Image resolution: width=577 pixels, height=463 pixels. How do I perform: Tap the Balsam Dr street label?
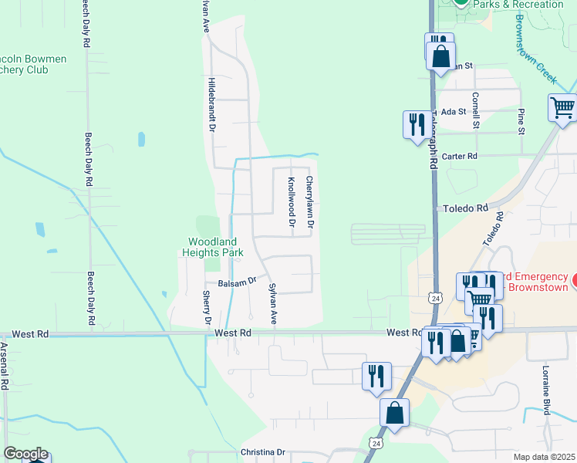tap(236, 283)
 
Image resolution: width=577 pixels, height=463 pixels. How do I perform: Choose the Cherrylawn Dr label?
tap(309, 202)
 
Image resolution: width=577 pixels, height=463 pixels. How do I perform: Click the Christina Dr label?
tap(263, 452)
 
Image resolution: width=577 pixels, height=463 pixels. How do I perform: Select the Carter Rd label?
tap(462, 156)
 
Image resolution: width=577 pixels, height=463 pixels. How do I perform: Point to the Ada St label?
tap(454, 112)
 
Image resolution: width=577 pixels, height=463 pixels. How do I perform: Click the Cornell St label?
tap(476, 110)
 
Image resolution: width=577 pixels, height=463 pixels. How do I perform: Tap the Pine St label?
tap(521, 120)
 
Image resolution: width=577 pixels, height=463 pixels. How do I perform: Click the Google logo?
tap(25, 454)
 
